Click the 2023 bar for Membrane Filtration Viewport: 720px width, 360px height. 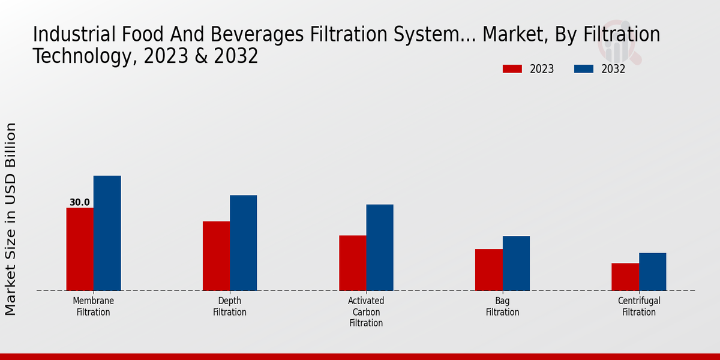(80, 249)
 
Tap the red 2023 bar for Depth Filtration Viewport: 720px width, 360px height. (216, 256)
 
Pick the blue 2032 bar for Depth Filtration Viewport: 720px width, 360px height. (243, 242)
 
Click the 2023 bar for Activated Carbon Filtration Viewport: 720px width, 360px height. (352, 263)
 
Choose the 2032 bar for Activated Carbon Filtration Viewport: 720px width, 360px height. (380, 247)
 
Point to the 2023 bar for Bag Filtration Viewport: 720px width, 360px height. (488, 269)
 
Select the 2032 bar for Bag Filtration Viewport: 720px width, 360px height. (516, 263)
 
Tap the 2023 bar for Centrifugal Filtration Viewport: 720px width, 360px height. (625, 277)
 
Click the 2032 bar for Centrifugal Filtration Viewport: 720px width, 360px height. (652, 271)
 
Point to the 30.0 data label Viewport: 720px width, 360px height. (80, 202)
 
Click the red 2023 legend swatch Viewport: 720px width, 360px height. (512, 69)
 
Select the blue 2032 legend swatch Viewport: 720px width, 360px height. (583, 69)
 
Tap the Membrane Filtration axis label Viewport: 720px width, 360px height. (94, 306)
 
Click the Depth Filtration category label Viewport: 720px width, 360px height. (230, 306)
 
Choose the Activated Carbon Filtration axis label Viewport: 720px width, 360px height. (366, 311)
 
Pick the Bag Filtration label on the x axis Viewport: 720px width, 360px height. (503, 306)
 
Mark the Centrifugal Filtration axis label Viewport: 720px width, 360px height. (639, 306)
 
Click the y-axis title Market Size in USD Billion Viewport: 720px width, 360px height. (11, 219)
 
